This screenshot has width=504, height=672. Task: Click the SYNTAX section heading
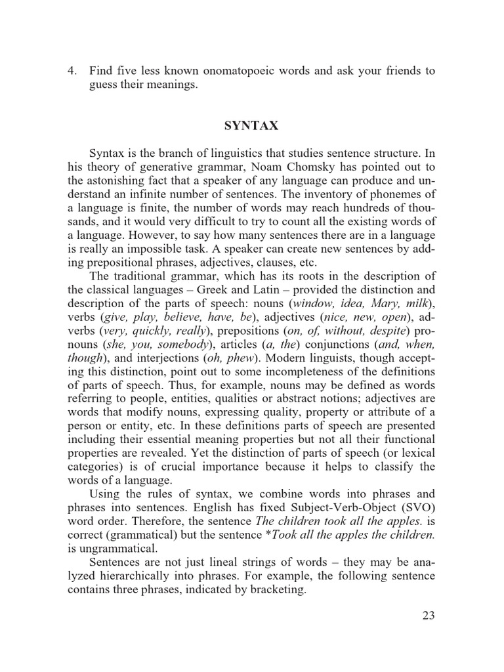coord(251,124)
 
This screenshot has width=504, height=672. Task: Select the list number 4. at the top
coord(73,70)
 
